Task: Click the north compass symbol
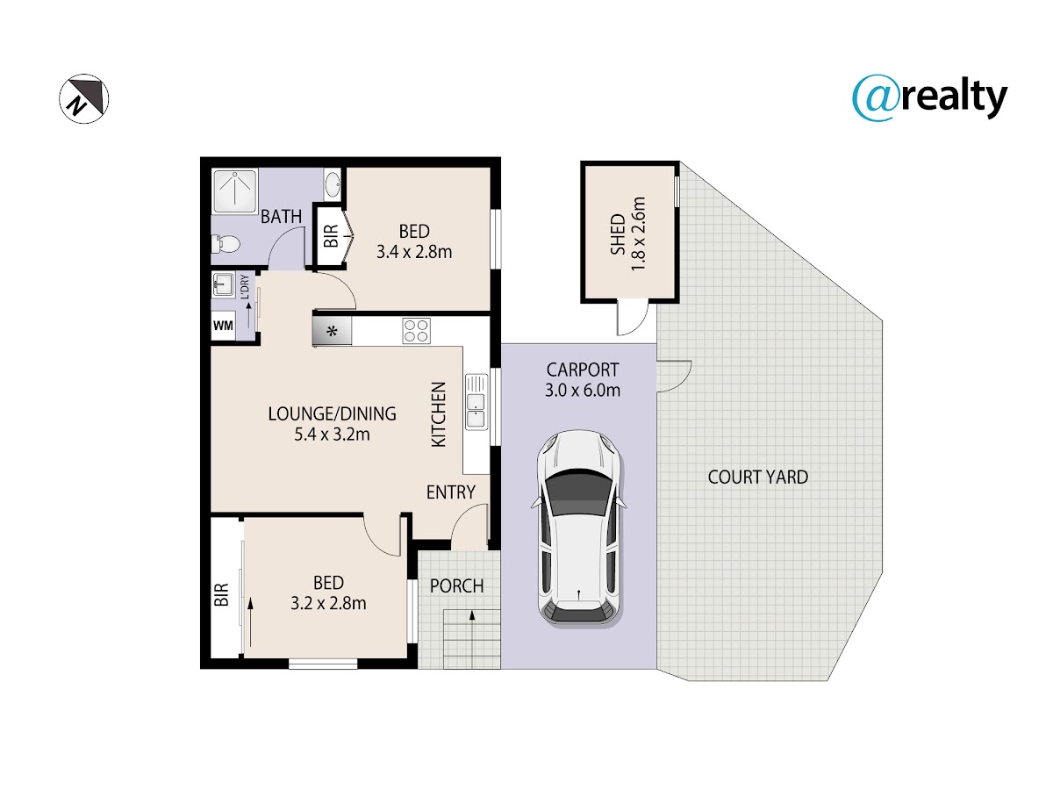84,98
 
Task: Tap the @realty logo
929,97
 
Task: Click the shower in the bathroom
235,190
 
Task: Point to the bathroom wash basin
332,183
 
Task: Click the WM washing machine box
223,327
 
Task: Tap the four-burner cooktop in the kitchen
416,331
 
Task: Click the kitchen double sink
476,402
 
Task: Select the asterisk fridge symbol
332,331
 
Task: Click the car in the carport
578,528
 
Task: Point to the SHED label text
618,234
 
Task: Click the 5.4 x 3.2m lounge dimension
332,434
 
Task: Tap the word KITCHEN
439,414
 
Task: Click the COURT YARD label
758,478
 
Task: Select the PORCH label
456,586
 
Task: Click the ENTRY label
450,492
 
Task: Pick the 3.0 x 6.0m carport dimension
583,391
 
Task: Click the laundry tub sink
223,285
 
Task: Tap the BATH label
281,217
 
